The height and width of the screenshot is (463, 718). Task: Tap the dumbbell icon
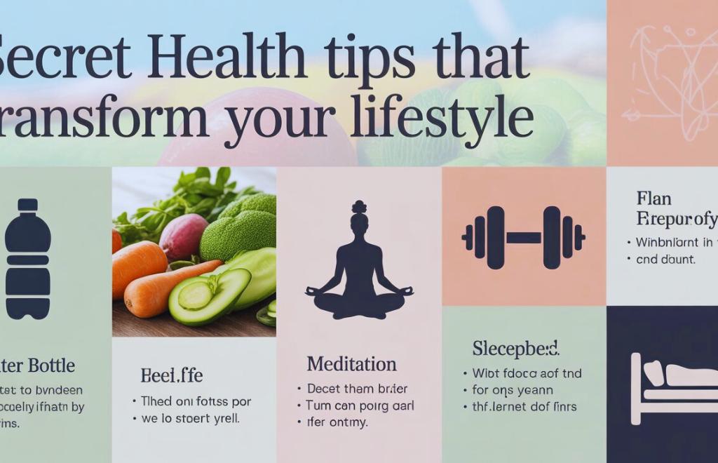[523, 238]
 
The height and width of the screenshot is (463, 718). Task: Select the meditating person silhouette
[359, 266]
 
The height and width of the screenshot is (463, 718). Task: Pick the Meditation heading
[351, 365]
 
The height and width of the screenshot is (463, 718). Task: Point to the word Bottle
[49, 365]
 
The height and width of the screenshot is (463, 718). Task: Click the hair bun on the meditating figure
[359, 206]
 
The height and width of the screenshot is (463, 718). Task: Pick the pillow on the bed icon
[656, 371]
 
